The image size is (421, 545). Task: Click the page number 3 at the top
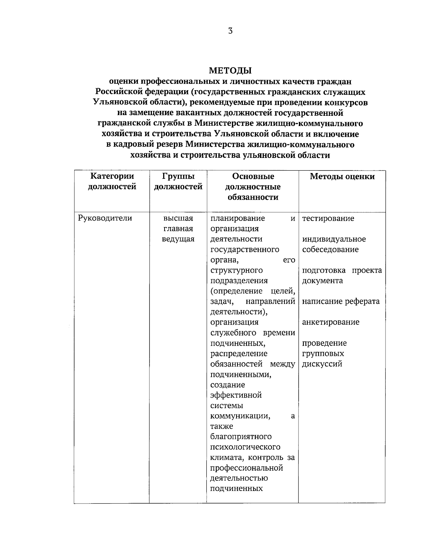click(x=230, y=31)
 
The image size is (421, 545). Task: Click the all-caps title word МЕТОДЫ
click(x=230, y=71)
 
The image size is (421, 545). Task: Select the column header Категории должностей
click(x=112, y=181)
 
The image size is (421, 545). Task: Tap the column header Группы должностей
click(x=178, y=181)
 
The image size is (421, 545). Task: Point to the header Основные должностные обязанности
click(x=253, y=187)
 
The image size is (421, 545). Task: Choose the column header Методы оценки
click(x=342, y=177)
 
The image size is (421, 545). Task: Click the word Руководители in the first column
click(x=105, y=218)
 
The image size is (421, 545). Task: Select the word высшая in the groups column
click(x=178, y=218)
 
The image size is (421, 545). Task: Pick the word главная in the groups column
click(x=178, y=229)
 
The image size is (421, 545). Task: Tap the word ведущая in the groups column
click(x=178, y=239)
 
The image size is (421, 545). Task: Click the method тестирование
click(x=328, y=219)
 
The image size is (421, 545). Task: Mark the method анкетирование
click(x=330, y=322)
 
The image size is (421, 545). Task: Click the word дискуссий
click(x=322, y=364)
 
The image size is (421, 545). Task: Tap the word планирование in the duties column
click(x=238, y=219)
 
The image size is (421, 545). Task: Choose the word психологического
click(x=245, y=447)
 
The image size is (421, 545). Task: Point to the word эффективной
click(x=236, y=396)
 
